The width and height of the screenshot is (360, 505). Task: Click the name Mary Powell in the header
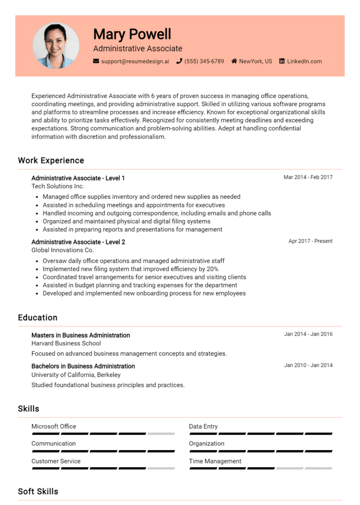(x=132, y=34)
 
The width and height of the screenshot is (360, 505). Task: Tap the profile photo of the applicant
(x=56, y=45)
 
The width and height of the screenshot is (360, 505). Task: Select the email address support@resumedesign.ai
(x=135, y=61)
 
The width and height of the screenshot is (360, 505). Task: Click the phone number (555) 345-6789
(x=204, y=61)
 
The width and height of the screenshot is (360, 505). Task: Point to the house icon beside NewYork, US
(x=234, y=61)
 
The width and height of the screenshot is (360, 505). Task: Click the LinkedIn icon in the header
(x=282, y=61)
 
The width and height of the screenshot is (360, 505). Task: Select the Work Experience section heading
(x=51, y=161)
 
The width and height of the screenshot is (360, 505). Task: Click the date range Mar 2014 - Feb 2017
(x=308, y=178)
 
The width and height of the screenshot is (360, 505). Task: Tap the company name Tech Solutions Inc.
(x=58, y=186)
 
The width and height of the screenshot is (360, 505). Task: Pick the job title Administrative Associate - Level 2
(x=78, y=242)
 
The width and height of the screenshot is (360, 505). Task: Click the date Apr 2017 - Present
(x=310, y=241)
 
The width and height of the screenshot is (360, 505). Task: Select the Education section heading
(x=37, y=318)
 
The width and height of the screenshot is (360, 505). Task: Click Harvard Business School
(x=66, y=343)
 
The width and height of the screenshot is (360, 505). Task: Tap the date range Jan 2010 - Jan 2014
(x=308, y=365)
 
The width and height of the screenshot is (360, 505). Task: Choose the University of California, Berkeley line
(x=76, y=375)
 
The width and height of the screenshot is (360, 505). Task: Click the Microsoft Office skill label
(x=53, y=427)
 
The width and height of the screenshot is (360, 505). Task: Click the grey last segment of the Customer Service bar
(x=161, y=468)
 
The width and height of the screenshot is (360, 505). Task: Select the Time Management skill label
(x=215, y=461)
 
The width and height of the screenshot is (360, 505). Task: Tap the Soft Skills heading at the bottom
(x=38, y=491)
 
